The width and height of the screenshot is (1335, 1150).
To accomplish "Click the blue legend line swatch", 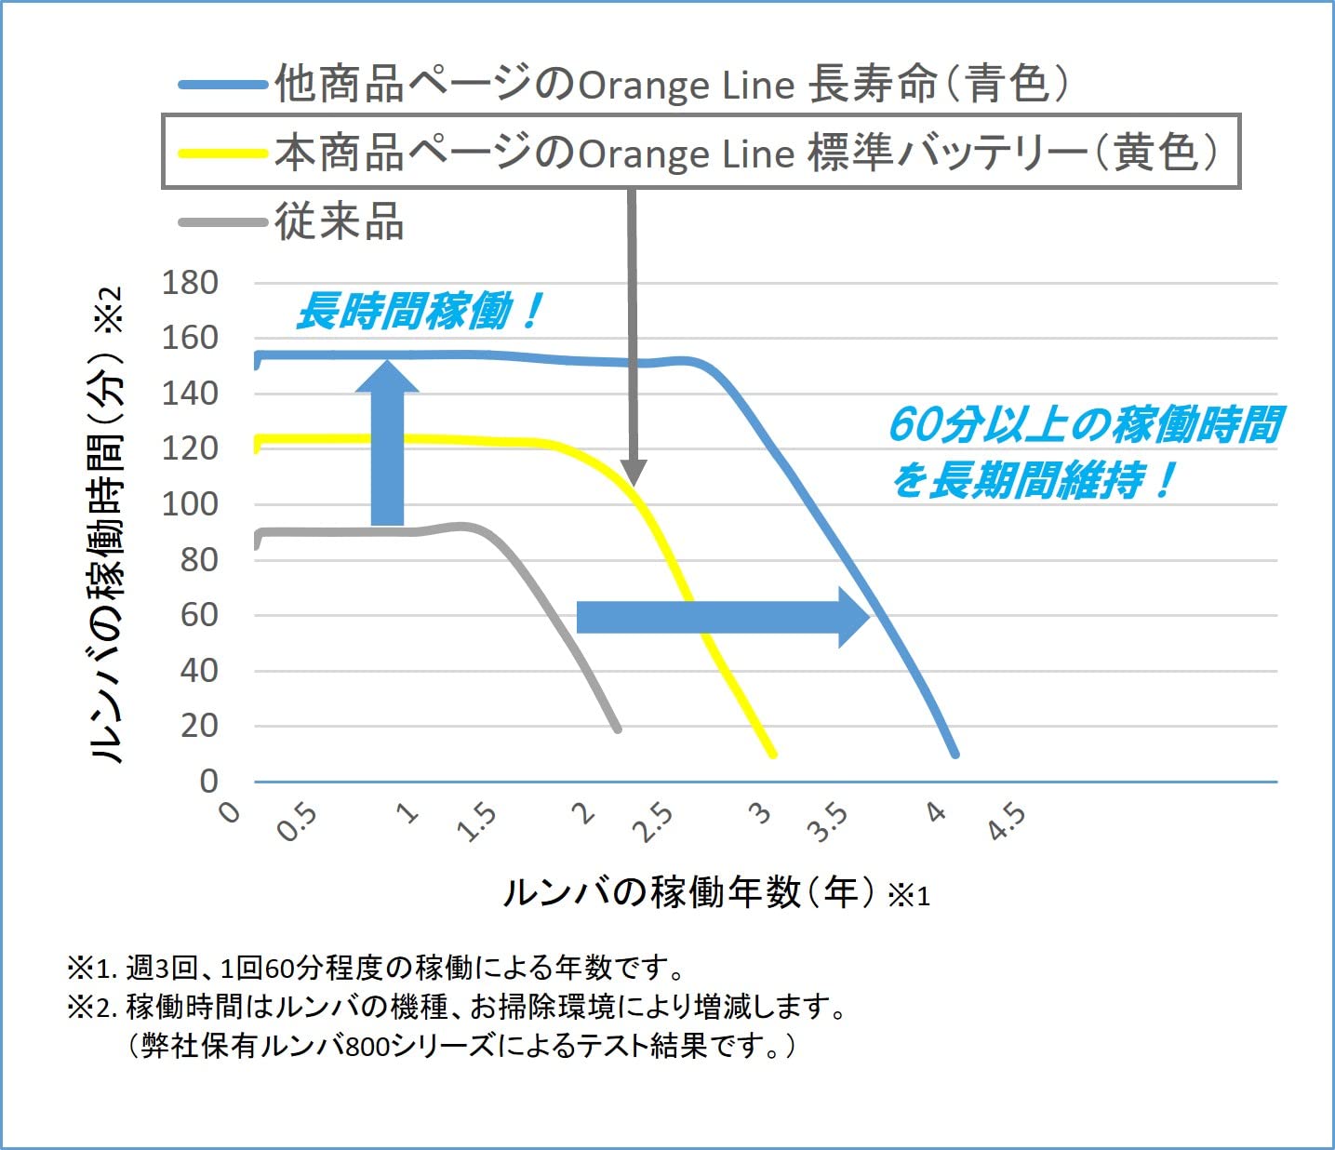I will pos(223,85).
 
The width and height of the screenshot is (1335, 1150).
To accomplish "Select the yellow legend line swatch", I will pos(223,154).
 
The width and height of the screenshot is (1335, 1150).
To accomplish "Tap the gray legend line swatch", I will pos(223,222).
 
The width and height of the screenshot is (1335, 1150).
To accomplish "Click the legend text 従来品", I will pos(340,223).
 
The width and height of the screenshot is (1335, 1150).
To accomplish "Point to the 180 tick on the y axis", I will pos(190,283).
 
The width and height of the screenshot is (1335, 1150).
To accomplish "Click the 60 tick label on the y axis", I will pos(199,615).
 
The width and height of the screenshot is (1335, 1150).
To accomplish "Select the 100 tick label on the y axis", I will pos(190,504).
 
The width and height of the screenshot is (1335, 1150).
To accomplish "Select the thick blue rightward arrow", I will pos(722,617).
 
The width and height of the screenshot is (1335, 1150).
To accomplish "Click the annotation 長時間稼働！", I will pos(419,312).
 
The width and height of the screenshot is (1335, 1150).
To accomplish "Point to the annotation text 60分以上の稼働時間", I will pos(1085,424).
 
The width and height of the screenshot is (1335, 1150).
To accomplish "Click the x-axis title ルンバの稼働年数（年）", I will pos(688,892).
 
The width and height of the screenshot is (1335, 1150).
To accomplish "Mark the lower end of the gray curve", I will pos(617,729).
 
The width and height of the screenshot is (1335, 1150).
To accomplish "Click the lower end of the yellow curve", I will pos(772,754).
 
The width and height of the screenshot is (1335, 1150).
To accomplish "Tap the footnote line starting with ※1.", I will pos(377,969).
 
